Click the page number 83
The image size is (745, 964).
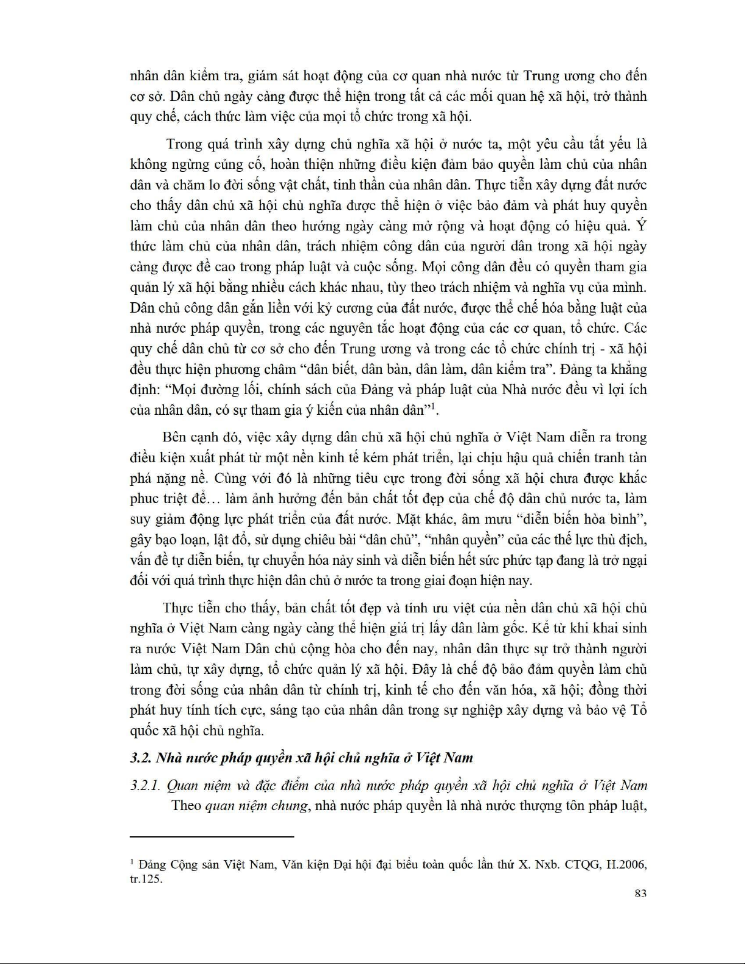[x=639, y=893]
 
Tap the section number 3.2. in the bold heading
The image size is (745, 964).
[x=141, y=758]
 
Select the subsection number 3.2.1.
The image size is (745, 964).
[x=145, y=785]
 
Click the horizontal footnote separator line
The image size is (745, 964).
[x=212, y=837]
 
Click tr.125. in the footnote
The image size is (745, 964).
[x=147, y=879]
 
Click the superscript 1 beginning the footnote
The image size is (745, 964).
[x=133, y=861]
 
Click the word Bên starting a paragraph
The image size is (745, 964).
[x=174, y=437]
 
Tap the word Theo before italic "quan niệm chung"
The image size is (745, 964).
[x=186, y=806]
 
